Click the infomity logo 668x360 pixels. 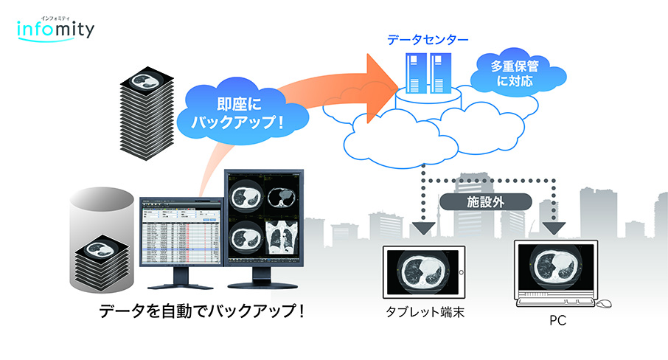tap(55, 30)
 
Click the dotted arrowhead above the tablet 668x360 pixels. tap(421, 228)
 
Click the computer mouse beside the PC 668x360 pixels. tap(603, 303)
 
